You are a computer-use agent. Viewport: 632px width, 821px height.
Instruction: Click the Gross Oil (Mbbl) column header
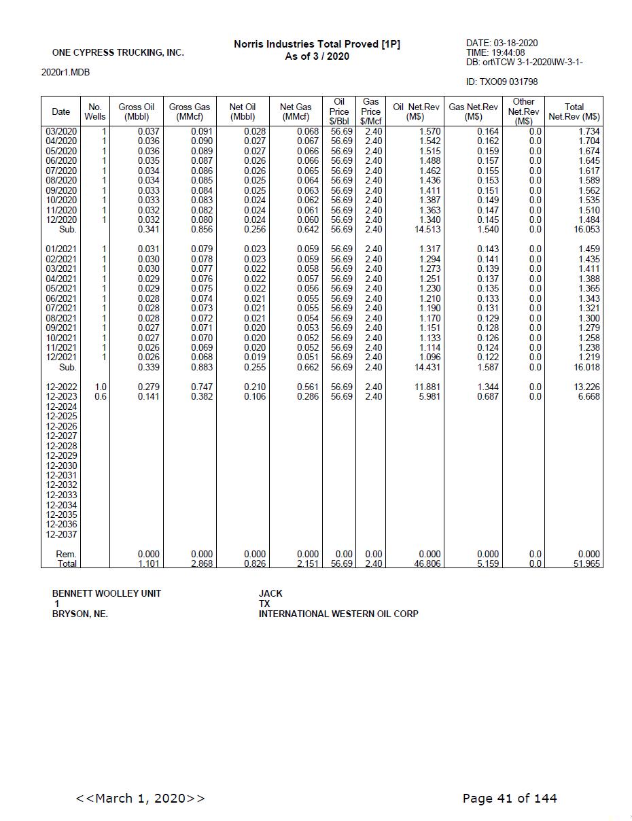[x=136, y=111]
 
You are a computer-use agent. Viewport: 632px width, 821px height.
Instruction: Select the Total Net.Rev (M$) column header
[x=574, y=111]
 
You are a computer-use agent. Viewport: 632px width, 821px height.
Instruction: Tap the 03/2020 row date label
[x=60, y=131]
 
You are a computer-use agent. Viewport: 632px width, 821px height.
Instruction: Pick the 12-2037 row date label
[x=61, y=534]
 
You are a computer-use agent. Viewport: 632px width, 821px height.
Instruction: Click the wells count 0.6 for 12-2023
[x=101, y=396]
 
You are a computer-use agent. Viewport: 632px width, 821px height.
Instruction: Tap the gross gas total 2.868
[x=201, y=564]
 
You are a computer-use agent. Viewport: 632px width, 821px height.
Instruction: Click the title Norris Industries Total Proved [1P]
[x=317, y=44]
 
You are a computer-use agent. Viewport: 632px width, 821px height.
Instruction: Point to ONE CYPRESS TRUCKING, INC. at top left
[x=118, y=52]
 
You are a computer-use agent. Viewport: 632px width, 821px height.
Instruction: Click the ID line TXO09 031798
[x=502, y=82]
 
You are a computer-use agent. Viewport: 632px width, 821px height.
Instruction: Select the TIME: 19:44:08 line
[x=495, y=52]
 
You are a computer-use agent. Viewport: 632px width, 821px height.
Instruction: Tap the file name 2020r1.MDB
[x=65, y=72]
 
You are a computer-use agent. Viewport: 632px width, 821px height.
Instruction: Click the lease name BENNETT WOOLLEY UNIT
[x=107, y=593]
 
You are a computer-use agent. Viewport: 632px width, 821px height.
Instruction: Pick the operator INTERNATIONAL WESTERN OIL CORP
[x=338, y=614]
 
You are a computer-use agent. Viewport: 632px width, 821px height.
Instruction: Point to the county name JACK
[x=270, y=593]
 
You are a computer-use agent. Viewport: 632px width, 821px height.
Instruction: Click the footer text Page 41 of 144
[x=510, y=798]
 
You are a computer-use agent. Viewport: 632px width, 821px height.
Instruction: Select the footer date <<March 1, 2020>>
[x=140, y=798]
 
